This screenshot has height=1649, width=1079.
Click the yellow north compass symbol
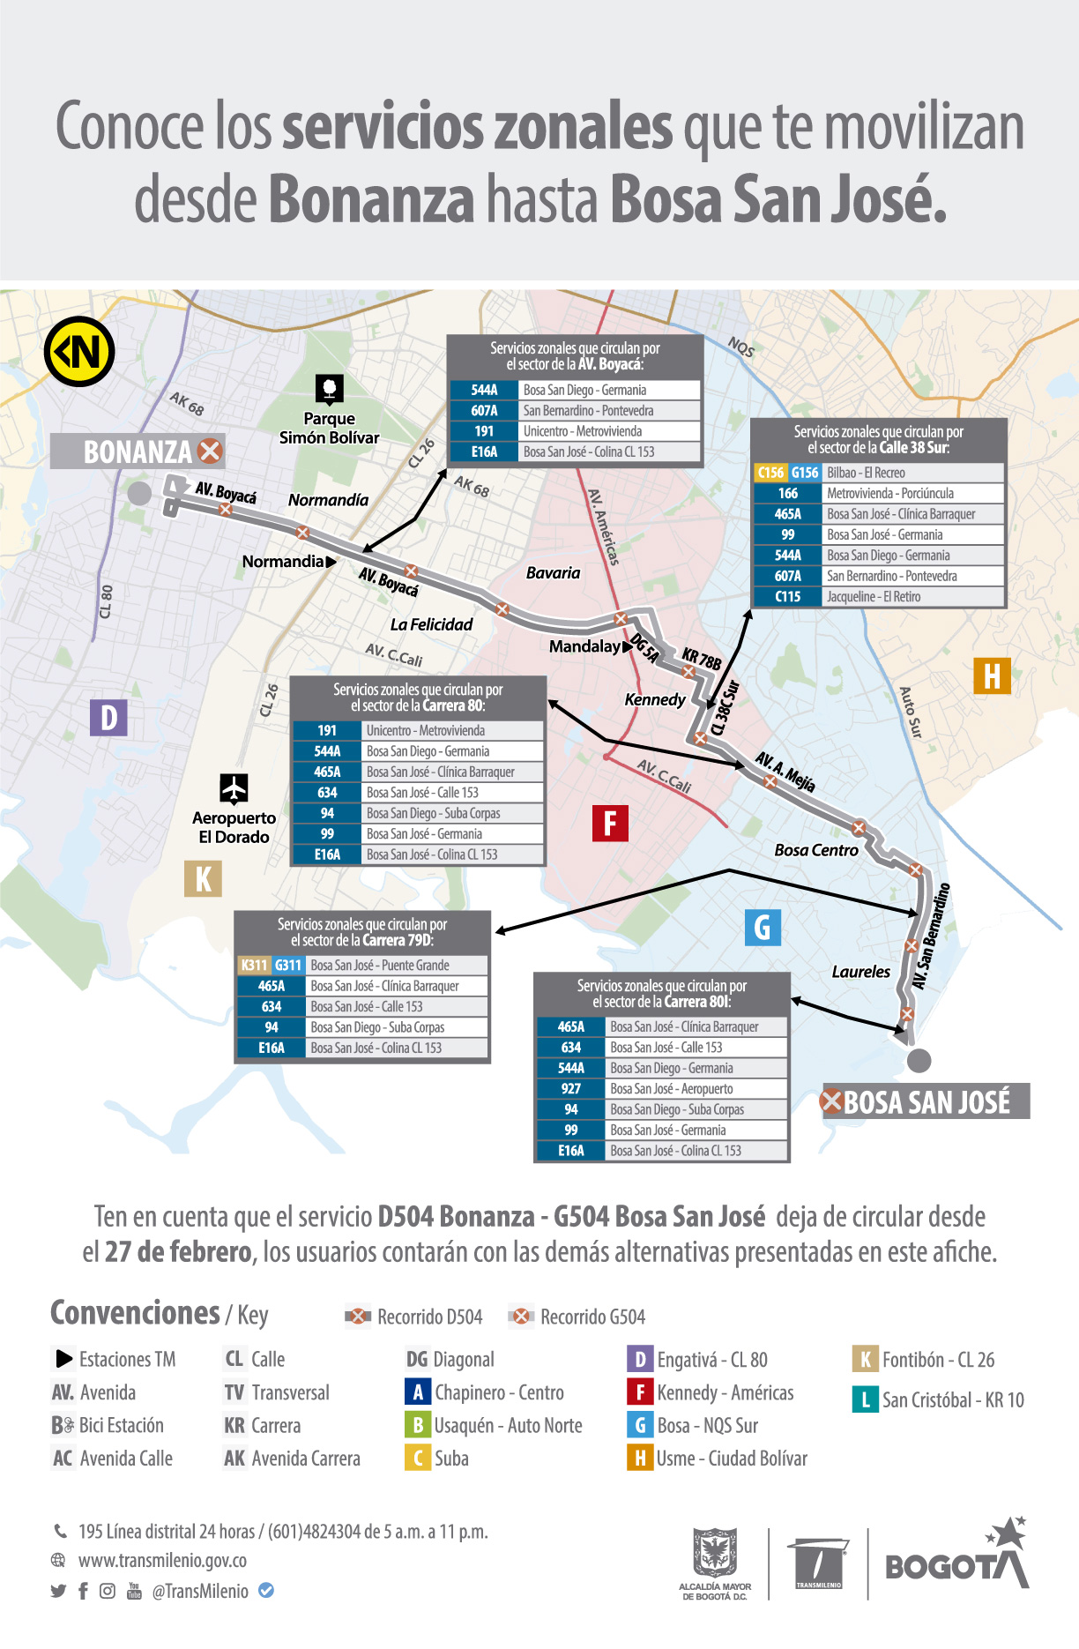pyautogui.click(x=79, y=351)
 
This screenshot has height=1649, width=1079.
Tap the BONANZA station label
pyautogui.click(x=138, y=451)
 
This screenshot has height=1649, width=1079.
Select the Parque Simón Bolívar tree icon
pyautogui.click(x=329, y=389)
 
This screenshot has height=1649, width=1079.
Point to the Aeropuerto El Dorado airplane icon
pyautogui.click(x=234, y=788)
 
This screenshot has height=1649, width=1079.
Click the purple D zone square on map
pyautogui.click(x=108, y=718)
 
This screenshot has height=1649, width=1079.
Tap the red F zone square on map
pyautogui.click(x=610, y=824)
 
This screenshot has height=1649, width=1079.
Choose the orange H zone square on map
pyautogui.click(x=992, y=676)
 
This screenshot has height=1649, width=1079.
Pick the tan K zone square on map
pyautogui.click(x=203, y=878)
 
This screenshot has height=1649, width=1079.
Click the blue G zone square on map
pyautogui.click(x=763, y=928)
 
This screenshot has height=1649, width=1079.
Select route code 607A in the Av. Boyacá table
pyautogui.click(x=484, y=411)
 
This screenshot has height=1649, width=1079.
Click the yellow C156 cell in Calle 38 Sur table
pyautogui.click(x=770, y=473)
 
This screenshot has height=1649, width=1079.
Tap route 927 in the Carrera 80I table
pyautogui.click(x=571, y=1089)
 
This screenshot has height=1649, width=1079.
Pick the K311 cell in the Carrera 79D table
pyautogui.click(x=254, y=966)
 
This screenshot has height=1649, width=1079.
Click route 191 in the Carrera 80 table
pyautogui.click(x=327, y=731)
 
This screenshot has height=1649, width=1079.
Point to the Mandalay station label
pyautogui.click(x=584, y=646)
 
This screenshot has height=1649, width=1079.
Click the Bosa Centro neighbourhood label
pyautogui.click(x=815, y=850)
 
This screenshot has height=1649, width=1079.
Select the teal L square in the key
pyautogui.click(x=865, y=1399)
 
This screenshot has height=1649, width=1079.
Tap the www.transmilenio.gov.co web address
pyautogui.click(x=162, y=1560)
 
